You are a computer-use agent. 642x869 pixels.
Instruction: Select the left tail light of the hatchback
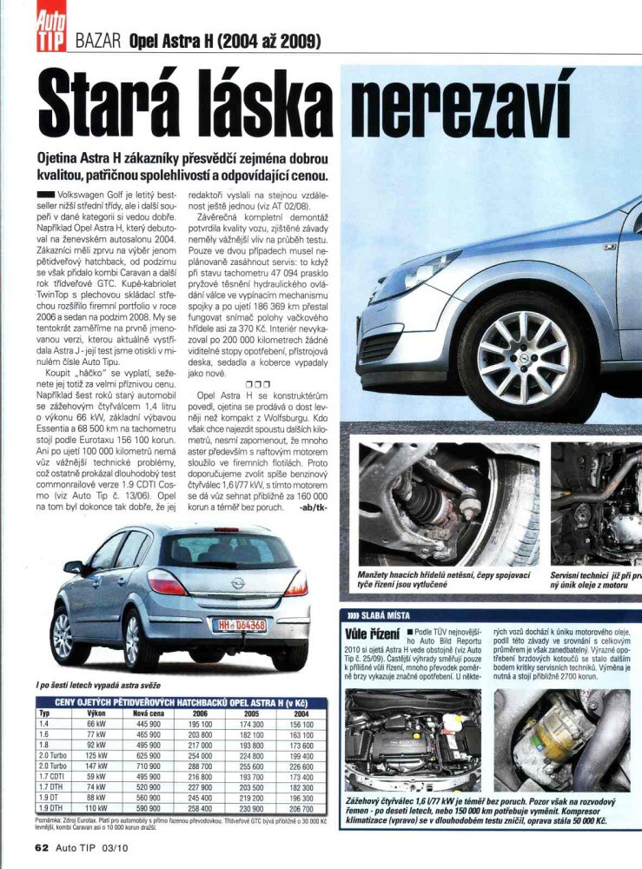(166, 582)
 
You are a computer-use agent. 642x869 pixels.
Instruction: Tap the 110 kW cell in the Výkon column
(96, 807)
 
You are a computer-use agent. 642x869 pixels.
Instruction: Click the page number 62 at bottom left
(43, 846)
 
